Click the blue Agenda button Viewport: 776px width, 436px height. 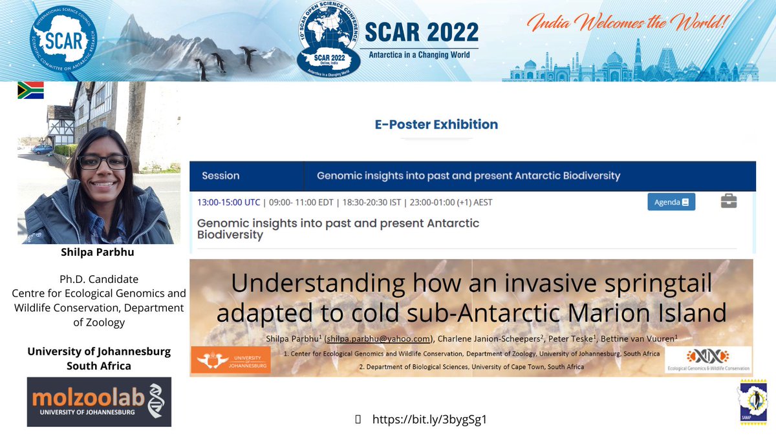click(671, 202)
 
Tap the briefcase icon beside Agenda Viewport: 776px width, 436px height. click(729, 202)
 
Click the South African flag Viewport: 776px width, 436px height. click(30, 90)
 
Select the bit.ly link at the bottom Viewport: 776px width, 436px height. click(429, 419)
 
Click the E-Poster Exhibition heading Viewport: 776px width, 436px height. click(436, 124)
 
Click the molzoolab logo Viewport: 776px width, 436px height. click(99, 402)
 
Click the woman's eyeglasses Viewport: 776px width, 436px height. click(103, 162)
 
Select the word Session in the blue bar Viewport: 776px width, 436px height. click(221, 175)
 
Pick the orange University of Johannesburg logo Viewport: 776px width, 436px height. click(230, 360)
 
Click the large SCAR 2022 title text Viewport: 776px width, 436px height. click(421, 32)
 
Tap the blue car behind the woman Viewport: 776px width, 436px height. click(43, 149)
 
